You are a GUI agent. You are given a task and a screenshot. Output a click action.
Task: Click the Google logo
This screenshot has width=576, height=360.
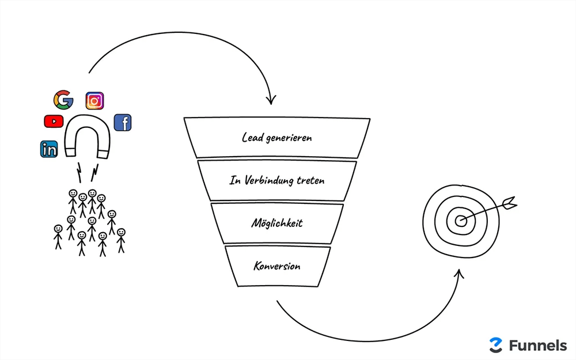point(63,100)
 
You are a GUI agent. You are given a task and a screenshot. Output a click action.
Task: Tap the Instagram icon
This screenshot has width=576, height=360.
point(94,101)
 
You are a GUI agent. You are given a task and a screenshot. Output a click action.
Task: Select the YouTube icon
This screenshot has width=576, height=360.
point(54,121)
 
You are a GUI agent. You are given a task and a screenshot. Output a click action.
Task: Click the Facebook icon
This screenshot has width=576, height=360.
point(123,122)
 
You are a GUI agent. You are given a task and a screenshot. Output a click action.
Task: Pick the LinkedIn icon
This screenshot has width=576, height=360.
point(49,149)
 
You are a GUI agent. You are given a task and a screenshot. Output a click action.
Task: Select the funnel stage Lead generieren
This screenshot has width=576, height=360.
point(277,138)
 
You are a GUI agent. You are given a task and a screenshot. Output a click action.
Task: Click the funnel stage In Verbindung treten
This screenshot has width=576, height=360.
point(277,180)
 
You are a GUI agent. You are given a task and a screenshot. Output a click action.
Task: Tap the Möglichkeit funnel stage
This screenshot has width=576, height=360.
point(277,223)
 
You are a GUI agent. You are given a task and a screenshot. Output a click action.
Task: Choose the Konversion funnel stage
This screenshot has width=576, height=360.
point(277,266)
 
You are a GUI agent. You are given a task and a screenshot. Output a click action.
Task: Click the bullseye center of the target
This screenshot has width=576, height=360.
point(461,221)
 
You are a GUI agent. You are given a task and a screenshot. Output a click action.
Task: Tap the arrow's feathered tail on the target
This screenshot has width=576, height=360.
point(509,202)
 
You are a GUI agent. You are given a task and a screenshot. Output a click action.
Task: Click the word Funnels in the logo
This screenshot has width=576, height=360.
point(537,345)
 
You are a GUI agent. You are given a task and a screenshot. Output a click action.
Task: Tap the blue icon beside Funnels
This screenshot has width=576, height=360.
point(495,345)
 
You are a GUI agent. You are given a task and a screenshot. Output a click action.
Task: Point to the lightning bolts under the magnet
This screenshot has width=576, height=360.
point(86,171)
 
